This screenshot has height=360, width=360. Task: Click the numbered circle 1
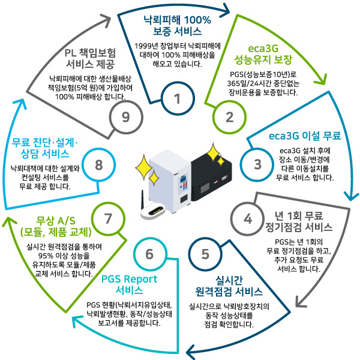tap(178, 100)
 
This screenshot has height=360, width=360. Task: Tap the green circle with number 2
tap(229, 117)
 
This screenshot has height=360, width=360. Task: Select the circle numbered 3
tap(257, 163)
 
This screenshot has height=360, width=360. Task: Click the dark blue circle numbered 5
tap(206, 254)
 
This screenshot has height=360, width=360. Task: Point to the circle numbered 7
tap(109, 218)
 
